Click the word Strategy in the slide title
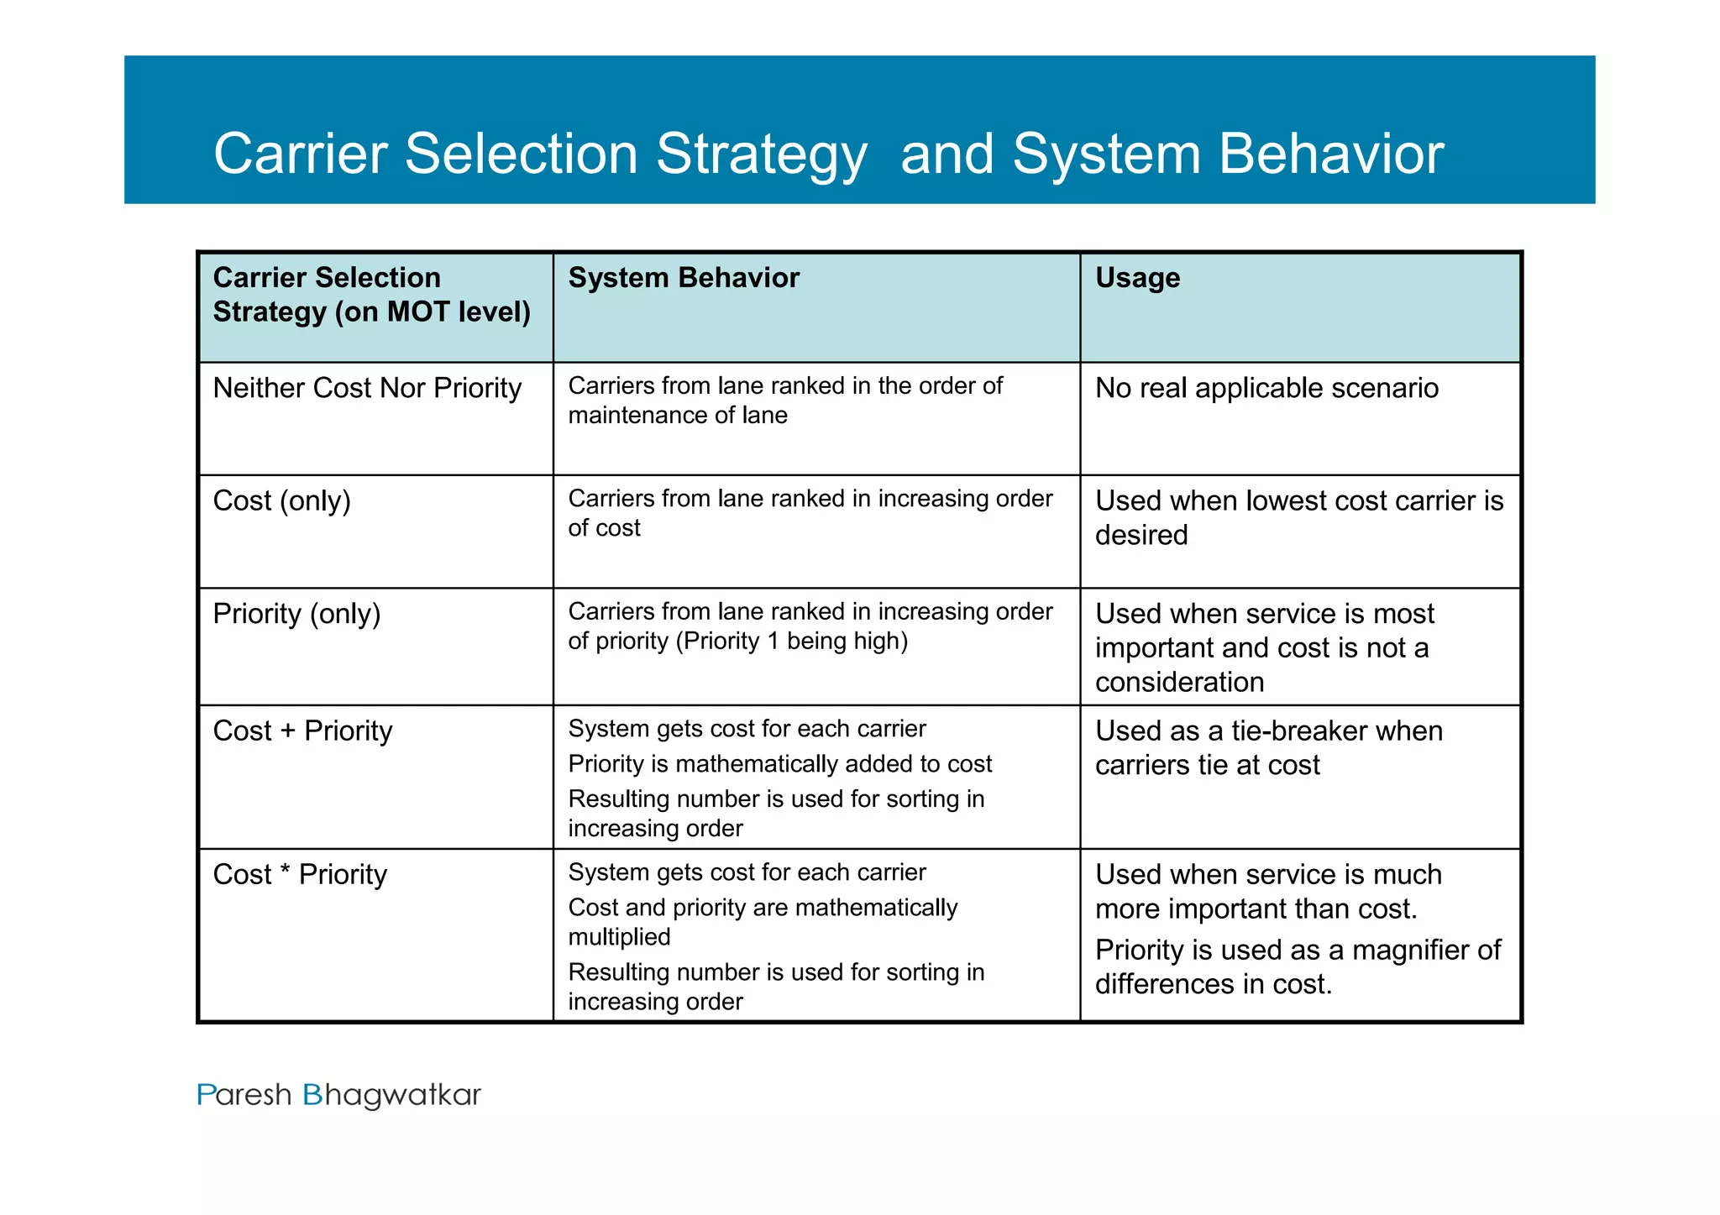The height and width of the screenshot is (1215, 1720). point(761,155)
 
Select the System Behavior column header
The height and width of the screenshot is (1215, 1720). point(684,278)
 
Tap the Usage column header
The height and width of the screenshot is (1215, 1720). point(1137,278)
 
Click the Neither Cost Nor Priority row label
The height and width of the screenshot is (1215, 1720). point(367,388)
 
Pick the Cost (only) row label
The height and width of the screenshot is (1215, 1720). point(281,501)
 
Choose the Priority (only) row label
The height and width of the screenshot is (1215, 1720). point(296,614)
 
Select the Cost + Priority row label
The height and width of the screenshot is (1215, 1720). point(302,731)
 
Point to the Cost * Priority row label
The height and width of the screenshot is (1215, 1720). point(300,874)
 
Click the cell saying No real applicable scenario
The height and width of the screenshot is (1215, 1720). point(1266,388)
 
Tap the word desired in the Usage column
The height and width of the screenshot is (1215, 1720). point(1141,535)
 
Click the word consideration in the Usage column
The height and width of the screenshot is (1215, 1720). point(1179,682)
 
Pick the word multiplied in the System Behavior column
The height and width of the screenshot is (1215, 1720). point(619,937)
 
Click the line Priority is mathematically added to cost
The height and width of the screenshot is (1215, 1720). point(779,764)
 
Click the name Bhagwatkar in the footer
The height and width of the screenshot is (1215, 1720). point(391,1095)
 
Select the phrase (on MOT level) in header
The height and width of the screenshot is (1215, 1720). point(433,312)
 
